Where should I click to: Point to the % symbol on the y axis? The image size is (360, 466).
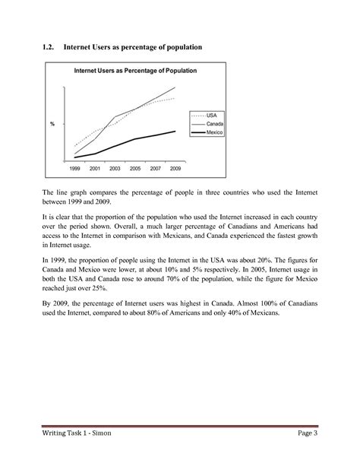[x=52, y=124]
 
